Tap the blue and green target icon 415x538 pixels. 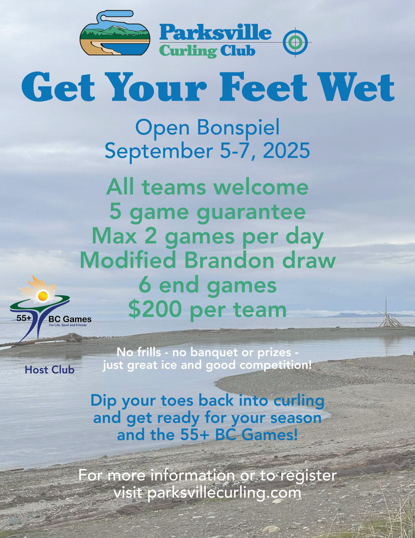295,42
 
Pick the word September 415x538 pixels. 158,151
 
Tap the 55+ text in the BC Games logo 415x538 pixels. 24,318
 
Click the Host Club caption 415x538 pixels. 49,370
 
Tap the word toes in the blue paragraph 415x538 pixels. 177,401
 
